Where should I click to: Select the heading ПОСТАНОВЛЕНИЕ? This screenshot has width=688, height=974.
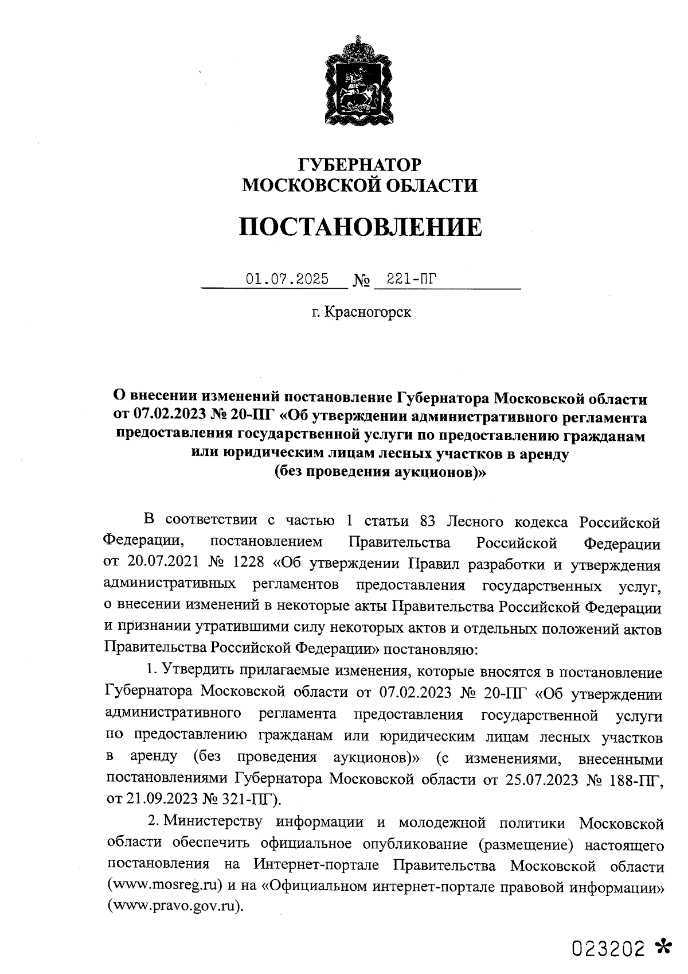(x=360, y=227)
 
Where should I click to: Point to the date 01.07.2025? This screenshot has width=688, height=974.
(x=287, y=280)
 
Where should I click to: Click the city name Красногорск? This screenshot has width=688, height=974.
(x=368, y=313)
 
